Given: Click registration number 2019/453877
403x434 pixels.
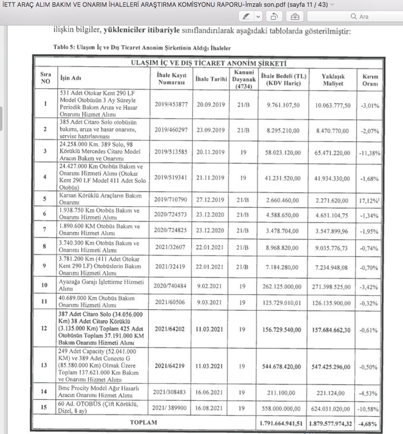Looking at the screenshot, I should [173, 106].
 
